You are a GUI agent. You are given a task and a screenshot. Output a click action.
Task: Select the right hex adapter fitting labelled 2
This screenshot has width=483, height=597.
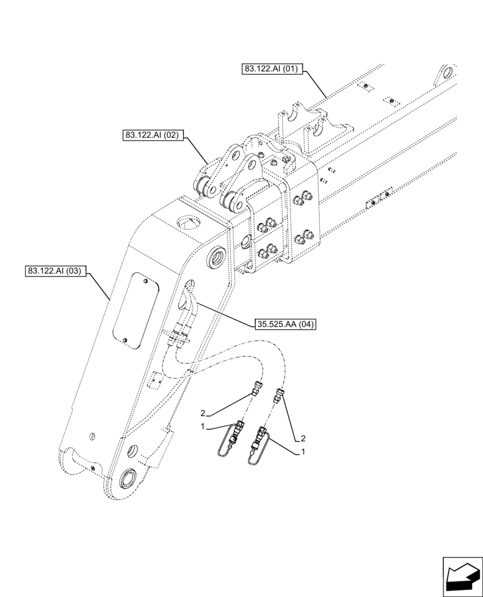click(x=278, y=395)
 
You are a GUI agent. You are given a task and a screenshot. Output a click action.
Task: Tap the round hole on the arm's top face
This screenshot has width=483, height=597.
click(x=188, y=224)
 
